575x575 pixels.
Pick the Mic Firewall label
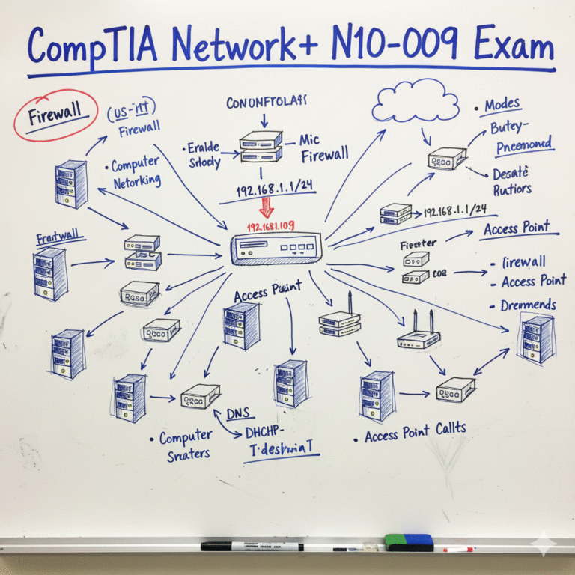click(323, 147)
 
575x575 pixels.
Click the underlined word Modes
click(502, 105)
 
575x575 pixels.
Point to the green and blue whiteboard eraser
click(409, 542)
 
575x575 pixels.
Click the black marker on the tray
click(252, 546)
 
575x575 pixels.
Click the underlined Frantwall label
click(58, 239)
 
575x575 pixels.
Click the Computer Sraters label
click(184, 445)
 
